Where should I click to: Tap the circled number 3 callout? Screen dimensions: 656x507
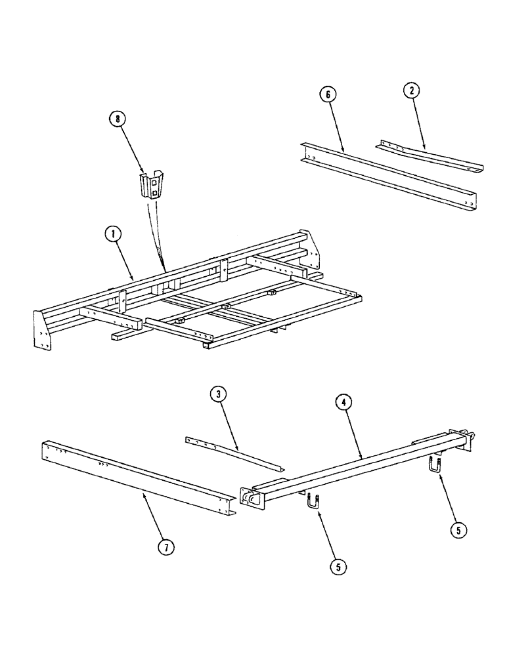(x=219, y=395)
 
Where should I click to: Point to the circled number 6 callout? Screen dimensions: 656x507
(x=327, y=94)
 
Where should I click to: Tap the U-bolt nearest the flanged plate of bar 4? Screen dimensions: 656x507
(x=311, y=503)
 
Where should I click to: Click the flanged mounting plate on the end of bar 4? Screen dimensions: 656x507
(x=253, y=498)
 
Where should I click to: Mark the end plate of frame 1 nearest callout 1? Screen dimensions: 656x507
(x=42, y=331)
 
